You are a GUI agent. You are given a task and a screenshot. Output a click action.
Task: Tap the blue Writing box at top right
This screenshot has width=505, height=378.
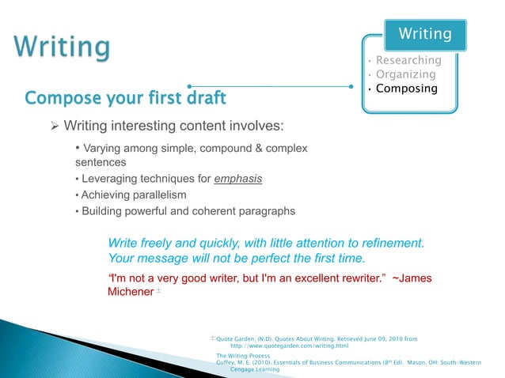click(425, 33)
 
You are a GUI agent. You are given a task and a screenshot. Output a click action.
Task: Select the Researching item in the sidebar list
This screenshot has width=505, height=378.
click(408, 60)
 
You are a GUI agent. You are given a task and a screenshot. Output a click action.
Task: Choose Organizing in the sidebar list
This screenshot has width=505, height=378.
click(405, 74)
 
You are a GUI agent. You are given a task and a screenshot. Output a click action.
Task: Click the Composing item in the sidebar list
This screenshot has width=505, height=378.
click(406, 89)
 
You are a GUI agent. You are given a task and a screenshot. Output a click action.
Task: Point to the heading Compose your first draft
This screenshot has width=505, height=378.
click(126, 98)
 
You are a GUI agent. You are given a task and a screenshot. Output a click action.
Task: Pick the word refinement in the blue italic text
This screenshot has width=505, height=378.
click(388, 241)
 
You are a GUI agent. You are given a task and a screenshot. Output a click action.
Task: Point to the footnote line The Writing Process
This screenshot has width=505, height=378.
click(243, 356)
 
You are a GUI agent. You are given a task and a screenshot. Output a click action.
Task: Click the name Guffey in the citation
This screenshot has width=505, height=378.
click(226, 362)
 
